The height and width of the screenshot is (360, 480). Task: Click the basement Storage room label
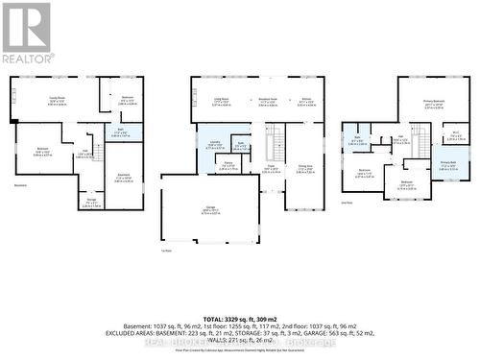point(91,203)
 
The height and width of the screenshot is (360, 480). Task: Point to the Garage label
point(210,210)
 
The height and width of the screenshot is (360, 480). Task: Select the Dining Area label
point(305,169)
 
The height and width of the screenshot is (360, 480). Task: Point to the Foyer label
point(272,168)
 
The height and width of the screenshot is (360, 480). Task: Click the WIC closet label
point(456,133)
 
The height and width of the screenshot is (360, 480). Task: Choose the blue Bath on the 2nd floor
point(357,141)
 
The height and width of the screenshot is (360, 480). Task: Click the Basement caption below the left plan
point(20,185)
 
